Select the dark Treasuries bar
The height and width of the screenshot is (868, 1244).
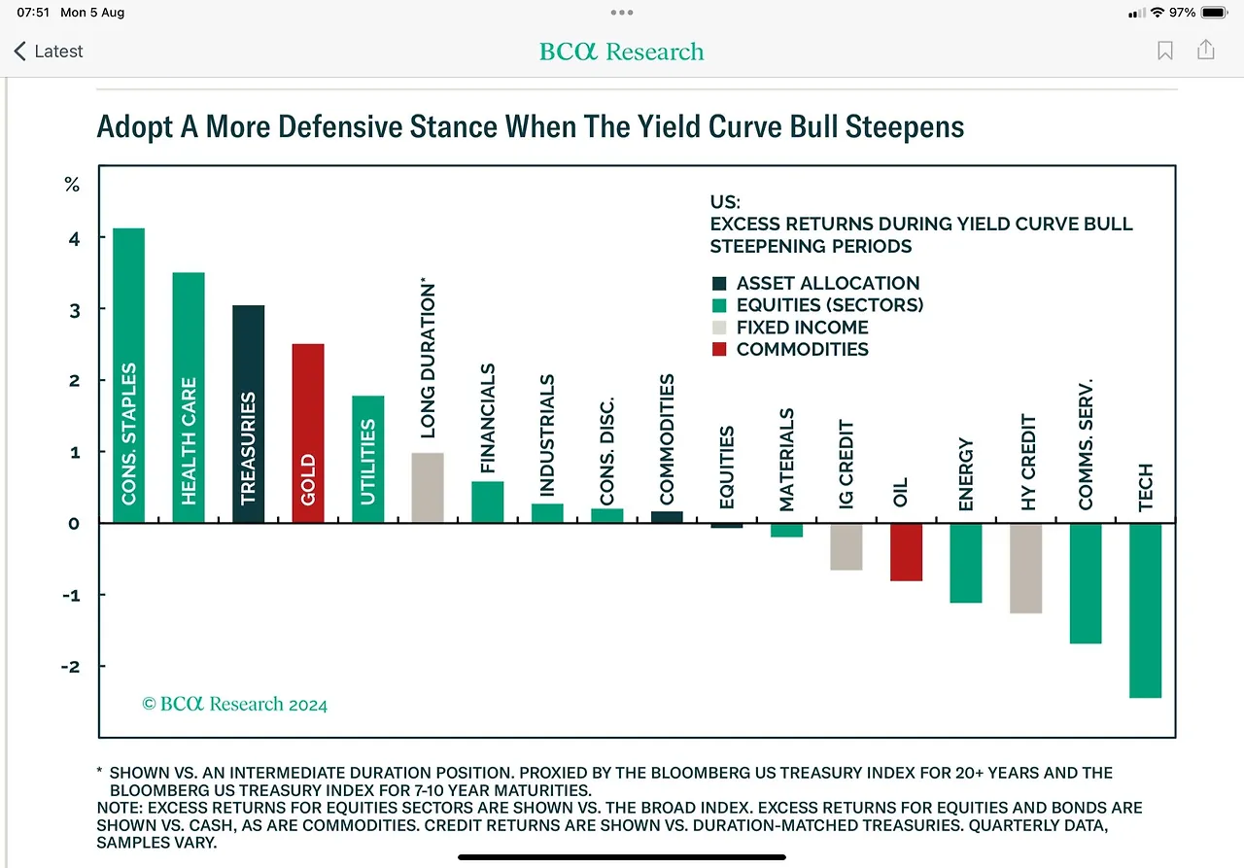click(x=248, y=414)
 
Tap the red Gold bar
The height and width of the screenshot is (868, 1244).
click(x=308, y=434)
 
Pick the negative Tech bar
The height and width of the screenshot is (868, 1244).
click(x=1145, y=610)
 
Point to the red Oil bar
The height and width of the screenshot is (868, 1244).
click(x=906, y=552)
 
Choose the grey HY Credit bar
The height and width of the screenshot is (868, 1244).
click(x=1025, y=569)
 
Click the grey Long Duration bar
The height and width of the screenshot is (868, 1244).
click(x=428, y=488)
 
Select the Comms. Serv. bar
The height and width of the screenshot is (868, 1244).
click(x=1086, y=583)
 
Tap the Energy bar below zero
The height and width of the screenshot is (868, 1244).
click(x=965, y=563)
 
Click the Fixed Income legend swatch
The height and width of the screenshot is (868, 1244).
click(x=719, y=328)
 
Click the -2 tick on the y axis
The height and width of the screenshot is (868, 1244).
click(x=71, y=666)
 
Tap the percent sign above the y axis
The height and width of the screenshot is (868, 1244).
click(x=71, y=185)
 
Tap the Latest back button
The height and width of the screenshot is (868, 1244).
click(x=49, y=52)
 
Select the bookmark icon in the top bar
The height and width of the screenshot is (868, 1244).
click(x=1165, y=51)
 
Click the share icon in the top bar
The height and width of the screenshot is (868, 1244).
click(x=1206, y=50)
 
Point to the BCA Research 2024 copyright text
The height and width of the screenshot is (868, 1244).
click(x=234, y=704)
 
